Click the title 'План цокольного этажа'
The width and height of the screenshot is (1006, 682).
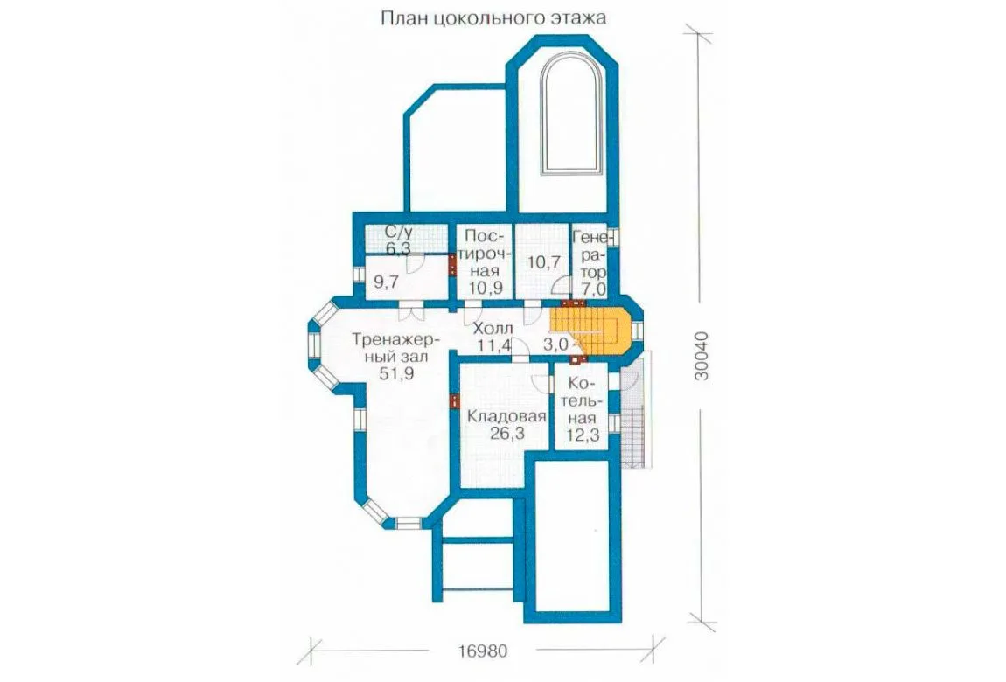pos(493,17)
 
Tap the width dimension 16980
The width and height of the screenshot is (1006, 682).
pos(483,651)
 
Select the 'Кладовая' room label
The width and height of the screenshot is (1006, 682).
pos(506,416)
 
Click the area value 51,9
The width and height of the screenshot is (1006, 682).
pos(395,374)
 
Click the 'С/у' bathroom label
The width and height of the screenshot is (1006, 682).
pos(398,232)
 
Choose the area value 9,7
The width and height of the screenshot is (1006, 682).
pos(387,280)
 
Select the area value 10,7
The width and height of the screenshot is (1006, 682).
pos(543,262)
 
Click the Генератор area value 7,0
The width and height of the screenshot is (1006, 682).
pos(593,289)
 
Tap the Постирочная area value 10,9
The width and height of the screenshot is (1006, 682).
pos(485,288)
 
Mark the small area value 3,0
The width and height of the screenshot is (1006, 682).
pos(555,344)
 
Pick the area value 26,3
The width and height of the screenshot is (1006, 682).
pos(506,434)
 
